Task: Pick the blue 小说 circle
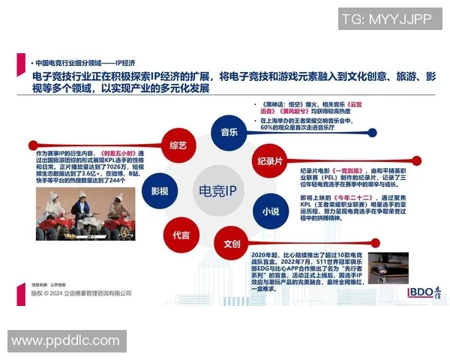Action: (271, 211)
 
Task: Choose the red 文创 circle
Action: (231, 245)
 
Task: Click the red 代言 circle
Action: (181, 235)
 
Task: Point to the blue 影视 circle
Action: (159, 190)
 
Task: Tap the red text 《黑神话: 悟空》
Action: (282, 106)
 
